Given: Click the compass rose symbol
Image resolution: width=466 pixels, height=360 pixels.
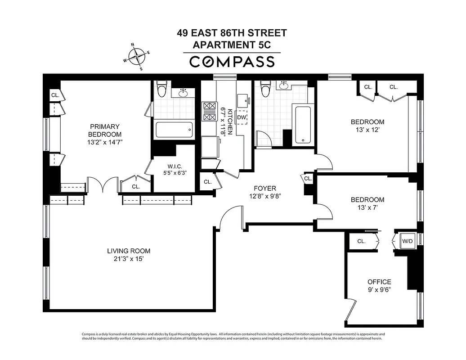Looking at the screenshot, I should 138,56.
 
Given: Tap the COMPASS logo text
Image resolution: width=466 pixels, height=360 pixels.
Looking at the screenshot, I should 232,62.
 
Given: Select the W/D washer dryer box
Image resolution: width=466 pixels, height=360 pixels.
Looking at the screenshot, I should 408,241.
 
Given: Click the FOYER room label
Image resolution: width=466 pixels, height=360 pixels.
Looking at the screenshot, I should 264,188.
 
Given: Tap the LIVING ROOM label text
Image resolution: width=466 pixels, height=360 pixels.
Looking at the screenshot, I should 129,251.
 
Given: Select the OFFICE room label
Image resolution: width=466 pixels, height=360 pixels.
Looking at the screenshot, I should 379,282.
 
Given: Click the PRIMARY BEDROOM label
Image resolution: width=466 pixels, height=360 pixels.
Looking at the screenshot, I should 104,130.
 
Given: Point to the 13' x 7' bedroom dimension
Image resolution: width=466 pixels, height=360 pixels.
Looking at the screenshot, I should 367,208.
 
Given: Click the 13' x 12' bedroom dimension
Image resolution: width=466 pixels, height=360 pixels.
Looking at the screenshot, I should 367,130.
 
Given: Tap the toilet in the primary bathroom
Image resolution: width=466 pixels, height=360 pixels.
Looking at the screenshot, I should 161,90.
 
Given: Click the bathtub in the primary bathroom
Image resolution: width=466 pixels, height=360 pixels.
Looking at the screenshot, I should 174,131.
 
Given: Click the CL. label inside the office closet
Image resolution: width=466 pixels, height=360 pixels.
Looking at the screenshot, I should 361,241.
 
